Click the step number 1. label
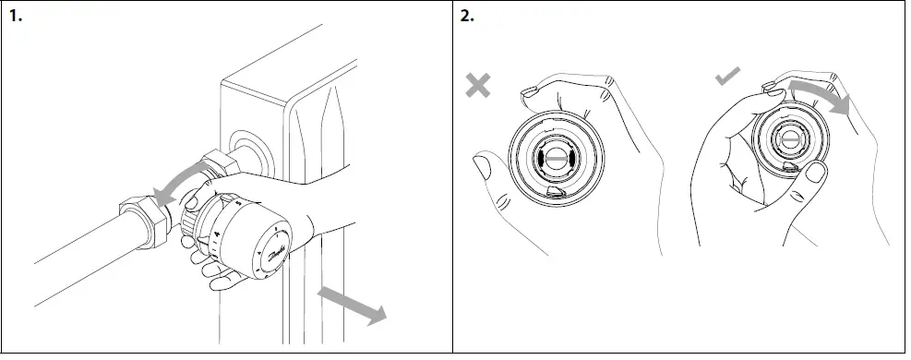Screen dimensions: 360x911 click(x=15, y=16)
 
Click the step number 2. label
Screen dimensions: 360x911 click(x=468, y=16)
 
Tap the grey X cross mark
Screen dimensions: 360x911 click(x=478, y=86)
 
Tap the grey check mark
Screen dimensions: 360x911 click(x=728, y=79)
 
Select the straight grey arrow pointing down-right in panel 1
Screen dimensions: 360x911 click(x=351, y=305)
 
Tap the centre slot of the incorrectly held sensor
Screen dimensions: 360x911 click(x=551, y=158)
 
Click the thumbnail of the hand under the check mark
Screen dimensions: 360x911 click(x=813, y=173)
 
